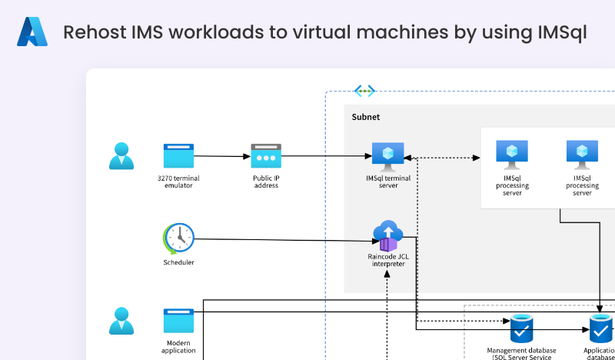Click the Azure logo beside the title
[32, 32]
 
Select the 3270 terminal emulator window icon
[178, 155]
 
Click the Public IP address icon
[266, 156]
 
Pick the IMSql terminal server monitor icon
[388, 156]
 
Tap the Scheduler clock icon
[178, 238]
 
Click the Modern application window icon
[178, 321]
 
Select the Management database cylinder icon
[522, 329]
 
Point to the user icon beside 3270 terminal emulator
[121, 156]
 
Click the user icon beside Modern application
[121, 321]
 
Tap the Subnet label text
[366, 117]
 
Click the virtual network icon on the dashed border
[364, 91]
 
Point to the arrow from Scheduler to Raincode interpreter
[284, 240]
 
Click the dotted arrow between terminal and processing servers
[442, 158]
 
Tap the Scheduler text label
[178, 262]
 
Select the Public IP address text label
[266, 182]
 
